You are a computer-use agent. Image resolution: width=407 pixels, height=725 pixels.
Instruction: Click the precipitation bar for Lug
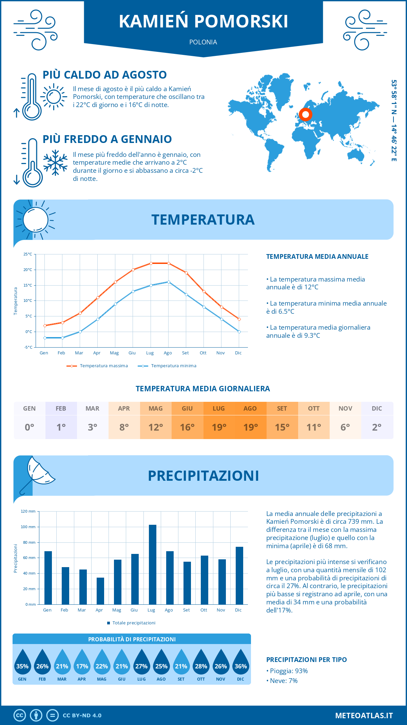153,564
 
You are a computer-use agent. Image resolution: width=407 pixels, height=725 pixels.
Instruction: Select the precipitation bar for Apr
100,591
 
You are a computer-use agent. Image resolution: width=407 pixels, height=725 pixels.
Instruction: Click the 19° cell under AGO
250,427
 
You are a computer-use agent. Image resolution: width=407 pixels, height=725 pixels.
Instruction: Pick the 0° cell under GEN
30,427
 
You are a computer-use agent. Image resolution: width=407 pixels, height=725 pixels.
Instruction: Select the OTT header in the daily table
314,409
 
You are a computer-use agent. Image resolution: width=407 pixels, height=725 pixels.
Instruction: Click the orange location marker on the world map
305,115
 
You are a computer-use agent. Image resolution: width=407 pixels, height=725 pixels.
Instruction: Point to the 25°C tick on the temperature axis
28,254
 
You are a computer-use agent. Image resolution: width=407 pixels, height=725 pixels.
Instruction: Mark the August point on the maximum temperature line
169,263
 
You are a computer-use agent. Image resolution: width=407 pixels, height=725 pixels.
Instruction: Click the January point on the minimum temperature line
45,338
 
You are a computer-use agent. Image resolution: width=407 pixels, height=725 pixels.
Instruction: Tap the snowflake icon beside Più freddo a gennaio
55,163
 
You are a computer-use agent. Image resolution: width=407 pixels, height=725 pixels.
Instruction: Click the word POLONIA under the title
203,42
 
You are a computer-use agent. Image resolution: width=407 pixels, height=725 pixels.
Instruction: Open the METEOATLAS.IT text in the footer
364,715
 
